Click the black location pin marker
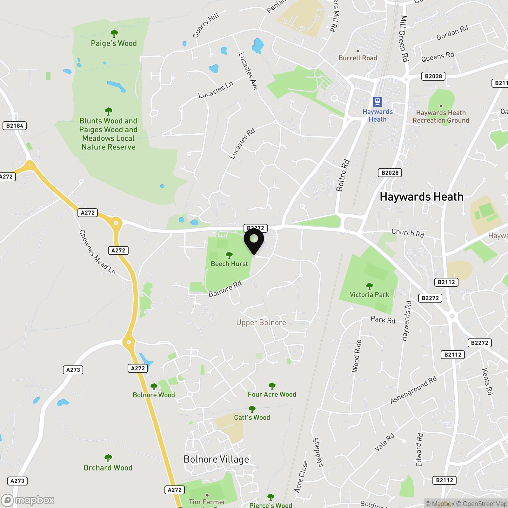pos(254,240)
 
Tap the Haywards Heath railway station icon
pos(377,102)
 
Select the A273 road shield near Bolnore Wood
pos(73,370)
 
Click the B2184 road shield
pos(15,126)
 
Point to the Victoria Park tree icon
pos(369,286)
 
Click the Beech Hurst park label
pos(229,264)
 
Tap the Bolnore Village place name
pos(216,459)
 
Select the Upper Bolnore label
pos(261,323)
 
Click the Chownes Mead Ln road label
pos(97,252)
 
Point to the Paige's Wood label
pos(114,43)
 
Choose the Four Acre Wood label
pos(272,394)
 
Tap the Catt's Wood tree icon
pos(252,409)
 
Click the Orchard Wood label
pos(108,468)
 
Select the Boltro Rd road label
pos(343,175)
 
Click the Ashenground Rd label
pos(413,390)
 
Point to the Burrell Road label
pos(358,58)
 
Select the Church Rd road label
pos(408,233)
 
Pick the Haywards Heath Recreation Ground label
pos(441,117)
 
